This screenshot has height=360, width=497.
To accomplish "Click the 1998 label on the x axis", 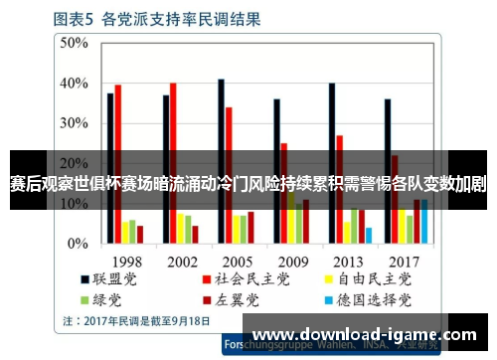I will [x=125, y=260].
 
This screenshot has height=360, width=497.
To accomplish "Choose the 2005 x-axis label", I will [x=237, y=260].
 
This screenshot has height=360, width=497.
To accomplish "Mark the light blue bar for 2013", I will [x=368, y=236].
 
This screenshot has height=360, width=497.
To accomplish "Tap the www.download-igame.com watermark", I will [x=369, y=334].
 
